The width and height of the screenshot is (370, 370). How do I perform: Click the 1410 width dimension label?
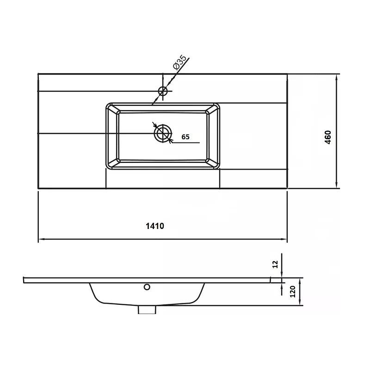[155, 226]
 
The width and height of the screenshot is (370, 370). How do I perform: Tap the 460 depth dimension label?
[328, 137]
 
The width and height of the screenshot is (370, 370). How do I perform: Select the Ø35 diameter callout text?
[179, 62]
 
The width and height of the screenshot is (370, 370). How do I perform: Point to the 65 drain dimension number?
[185, 137]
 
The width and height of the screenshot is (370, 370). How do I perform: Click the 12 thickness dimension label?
[275, 264]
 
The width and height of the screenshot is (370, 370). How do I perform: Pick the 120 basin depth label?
[292, 291]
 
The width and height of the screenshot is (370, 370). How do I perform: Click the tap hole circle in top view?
[163, 91]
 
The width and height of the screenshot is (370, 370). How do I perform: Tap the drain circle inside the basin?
[163, 133]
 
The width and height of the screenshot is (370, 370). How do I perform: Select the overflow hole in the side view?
[147, 287]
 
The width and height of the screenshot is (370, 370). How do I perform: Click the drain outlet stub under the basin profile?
[147, 309]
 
